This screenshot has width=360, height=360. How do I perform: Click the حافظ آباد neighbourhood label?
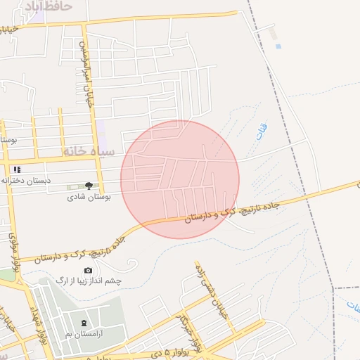[x=48, y=6]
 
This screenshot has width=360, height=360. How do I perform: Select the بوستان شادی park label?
[x=87, y=199]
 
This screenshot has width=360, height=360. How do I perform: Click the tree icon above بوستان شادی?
[x=88, y=186]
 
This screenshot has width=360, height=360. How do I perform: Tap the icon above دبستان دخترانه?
[x=17, y=169]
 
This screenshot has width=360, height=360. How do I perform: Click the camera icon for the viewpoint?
[x=88, y=271]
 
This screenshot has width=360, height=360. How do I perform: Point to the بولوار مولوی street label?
[x=13, y=250]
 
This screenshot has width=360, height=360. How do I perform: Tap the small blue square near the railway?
[x=278, y=46]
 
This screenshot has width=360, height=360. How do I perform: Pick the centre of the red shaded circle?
[x=180, y=179]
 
